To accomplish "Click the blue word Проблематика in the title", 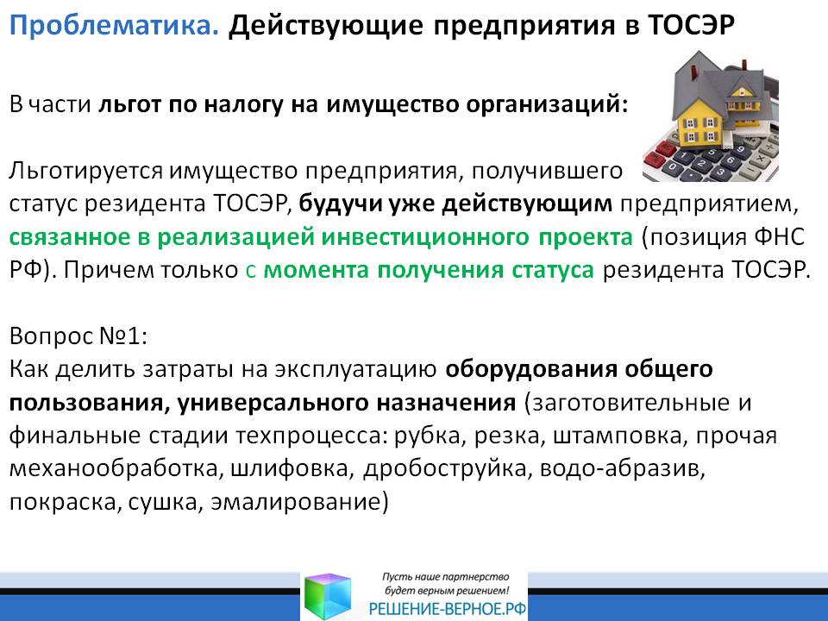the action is [x=114, y=25].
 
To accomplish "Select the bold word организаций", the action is [x=547, y=104].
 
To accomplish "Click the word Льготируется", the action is [x=86, y=172].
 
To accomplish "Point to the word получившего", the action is [x=547, y=172].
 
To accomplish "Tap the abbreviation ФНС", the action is [x=780, y=237].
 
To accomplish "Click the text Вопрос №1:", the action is [x=78, y=336].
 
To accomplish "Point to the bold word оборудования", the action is [x=530, y=370].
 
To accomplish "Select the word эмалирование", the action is [x=299, y=502].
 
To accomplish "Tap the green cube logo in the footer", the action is [x=328, y=597].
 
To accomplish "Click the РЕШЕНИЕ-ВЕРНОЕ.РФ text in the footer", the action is [x=448, y=609].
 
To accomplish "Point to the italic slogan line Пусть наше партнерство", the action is [x=446, y=577].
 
